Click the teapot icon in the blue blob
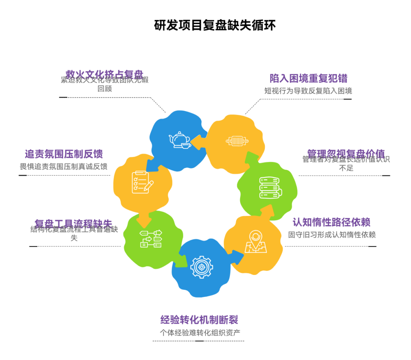click(x=179, y=140)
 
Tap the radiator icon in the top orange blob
click(x=237, y=141)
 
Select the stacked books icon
click(x=270, y=187)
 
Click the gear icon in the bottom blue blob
click(x=201, y=267)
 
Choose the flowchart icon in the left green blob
click(x=151, y=238)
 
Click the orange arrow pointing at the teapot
click(x=197, y=142)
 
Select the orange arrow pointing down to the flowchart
click(x=144, y=220)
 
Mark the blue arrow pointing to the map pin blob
click(x=237, y=257)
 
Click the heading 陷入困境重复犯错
click(x=308, y=78)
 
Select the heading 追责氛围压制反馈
click(x=64, y=154)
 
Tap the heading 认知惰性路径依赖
click(x=331, y=222)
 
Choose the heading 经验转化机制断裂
click(x=199, y=320)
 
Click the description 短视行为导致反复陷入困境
click(x=308, y=91)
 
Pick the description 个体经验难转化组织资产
click(x=199, y=332)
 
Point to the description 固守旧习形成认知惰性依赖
click(x=332, y=235)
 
